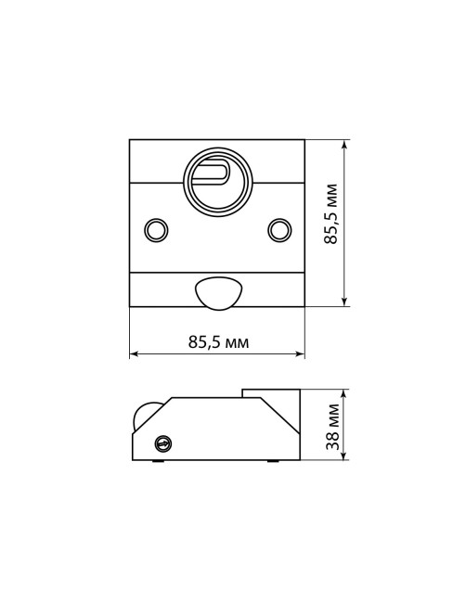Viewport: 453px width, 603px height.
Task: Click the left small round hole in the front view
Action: pyautogui.click(x=156, y=230)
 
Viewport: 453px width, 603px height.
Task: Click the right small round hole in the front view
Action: pyautogui.click(x=279, y=230)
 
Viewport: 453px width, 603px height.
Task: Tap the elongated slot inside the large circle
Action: pyautogui.click(x=211, y=171)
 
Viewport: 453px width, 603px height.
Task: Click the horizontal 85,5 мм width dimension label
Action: pyautogui.click(x=218, y=341)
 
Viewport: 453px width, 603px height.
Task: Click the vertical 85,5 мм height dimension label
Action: pyautogui.click(x=330, y=213)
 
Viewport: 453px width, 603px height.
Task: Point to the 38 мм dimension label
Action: pyautogui.click(x=332, y=427)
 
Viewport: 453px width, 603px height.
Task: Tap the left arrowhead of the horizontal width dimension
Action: pyautogui.click(x=134, y=353)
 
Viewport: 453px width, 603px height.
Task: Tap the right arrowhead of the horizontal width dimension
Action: pyautogui.click(x=300, y=353)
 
